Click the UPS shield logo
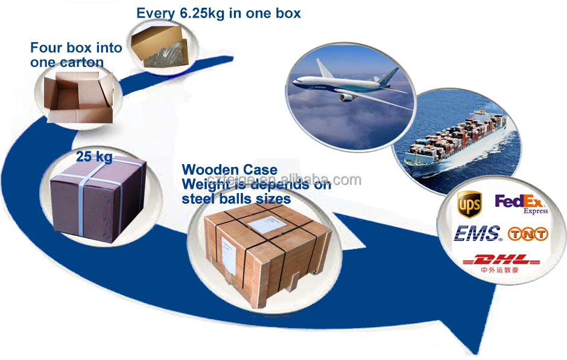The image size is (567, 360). tap(470, 204)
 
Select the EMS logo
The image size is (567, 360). tap(477, 233)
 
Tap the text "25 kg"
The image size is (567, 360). tap(94, 157)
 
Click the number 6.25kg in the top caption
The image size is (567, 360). tap(198, 13)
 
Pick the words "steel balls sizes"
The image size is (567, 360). tap(236, 198)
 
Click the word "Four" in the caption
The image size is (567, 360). tap(46, 48)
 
